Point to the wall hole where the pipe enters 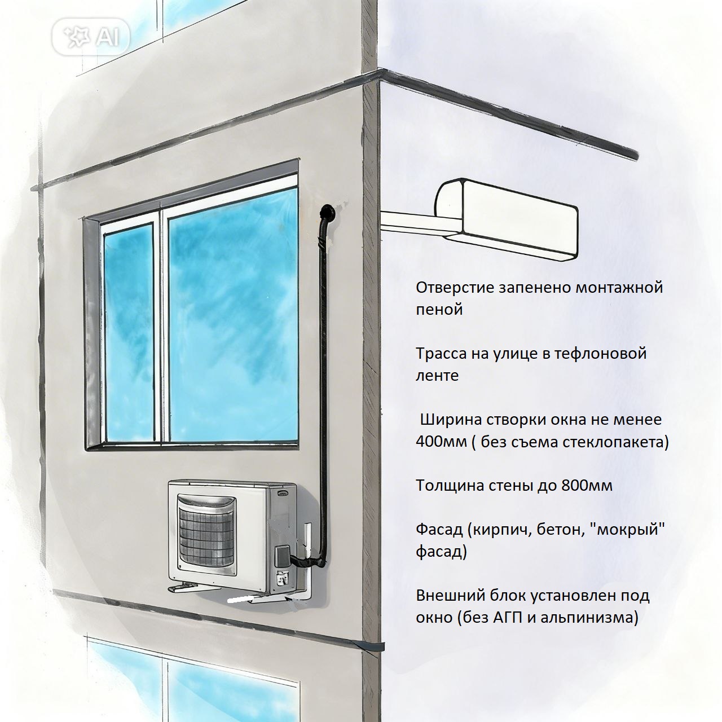(326, 214)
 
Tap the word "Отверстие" (455, 288)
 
